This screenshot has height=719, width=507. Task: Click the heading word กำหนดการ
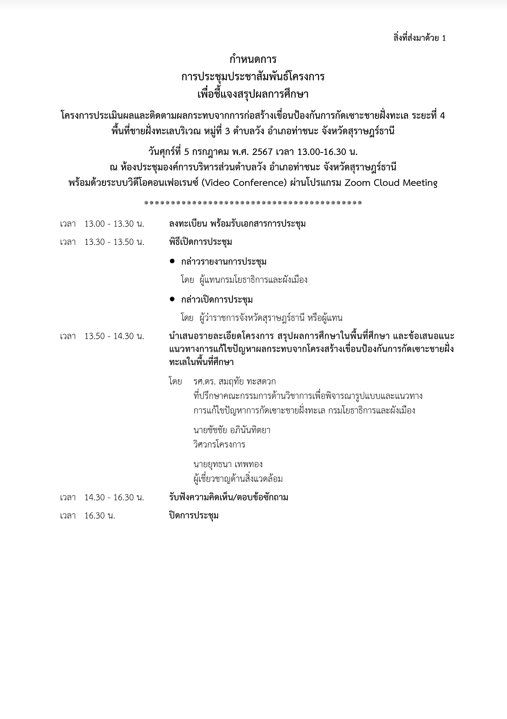point(253,60)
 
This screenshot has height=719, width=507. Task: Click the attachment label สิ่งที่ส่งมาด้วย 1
point(419,38)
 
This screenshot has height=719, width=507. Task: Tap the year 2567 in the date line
point(262,152)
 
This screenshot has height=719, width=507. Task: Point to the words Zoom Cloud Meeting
point(391,183)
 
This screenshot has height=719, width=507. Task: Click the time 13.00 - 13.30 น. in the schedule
point(114,224)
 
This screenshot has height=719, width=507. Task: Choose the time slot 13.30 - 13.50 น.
point(114,242)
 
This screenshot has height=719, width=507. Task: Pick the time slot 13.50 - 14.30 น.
point(114,336)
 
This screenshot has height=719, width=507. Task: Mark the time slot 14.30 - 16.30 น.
point(114,498)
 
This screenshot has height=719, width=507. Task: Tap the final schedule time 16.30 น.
point(99,516)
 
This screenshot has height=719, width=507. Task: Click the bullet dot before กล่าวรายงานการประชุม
point(172,261)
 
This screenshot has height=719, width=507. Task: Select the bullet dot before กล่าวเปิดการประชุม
point(172,299)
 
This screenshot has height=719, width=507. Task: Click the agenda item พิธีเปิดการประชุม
point(201,242)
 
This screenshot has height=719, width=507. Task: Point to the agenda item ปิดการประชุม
point(194,516)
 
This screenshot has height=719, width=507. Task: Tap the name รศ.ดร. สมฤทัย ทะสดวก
point(234,382)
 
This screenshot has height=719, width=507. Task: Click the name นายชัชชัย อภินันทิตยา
point(232,430)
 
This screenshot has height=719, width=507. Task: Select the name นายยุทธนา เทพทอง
point(228,465)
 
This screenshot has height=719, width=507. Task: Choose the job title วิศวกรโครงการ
point(219,445)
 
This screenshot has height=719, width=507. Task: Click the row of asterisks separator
point(253,203)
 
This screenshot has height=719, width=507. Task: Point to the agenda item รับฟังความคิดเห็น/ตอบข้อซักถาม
point(228,498)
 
